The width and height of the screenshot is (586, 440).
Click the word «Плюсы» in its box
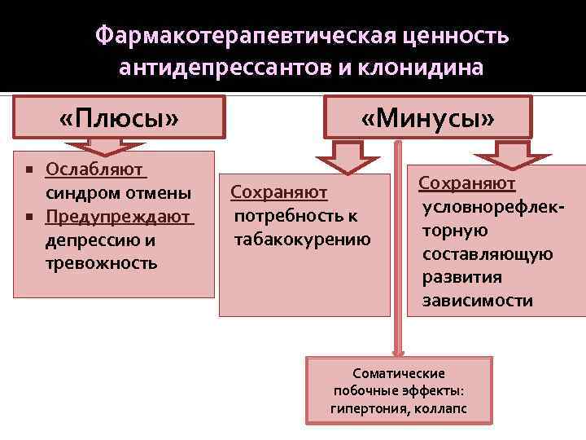click(120, 119)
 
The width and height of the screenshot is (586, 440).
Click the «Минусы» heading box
click(428, 119)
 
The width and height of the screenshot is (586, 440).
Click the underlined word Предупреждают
click(119, 218)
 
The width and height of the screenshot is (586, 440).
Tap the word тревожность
click(102, 265)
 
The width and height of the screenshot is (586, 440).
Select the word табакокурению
click(302, 240)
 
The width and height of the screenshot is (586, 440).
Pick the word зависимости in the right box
click(478, 301)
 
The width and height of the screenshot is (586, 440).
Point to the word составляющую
click(488, 254)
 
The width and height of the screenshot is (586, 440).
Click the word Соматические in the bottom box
click(399, 373)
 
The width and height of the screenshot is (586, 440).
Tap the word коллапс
click(444, 408)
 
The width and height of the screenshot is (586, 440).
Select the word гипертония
click(364, 408)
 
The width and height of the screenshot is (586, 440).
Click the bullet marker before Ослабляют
click(28, 171)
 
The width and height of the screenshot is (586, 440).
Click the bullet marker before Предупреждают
click(28, 218)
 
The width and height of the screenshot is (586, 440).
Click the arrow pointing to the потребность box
click(348, 157)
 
